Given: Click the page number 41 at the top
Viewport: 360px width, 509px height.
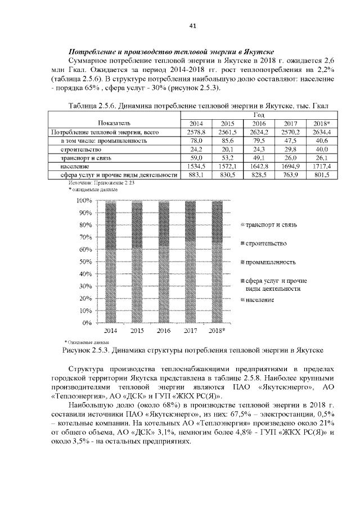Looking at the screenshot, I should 192,26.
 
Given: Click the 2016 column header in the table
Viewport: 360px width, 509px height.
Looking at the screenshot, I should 259,124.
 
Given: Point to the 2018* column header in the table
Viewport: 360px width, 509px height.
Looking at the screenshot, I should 321,124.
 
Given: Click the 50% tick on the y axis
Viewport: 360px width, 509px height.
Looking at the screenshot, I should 84,262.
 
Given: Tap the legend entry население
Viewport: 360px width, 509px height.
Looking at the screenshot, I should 260,300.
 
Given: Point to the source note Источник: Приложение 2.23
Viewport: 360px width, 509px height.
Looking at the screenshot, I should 101,183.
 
